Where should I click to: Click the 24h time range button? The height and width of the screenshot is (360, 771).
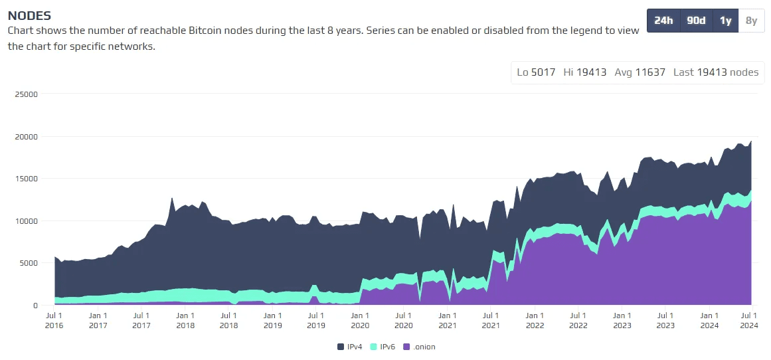coord(663,21)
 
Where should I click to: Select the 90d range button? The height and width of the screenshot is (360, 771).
coord(696,21)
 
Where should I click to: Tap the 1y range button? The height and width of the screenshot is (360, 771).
coord(725,21)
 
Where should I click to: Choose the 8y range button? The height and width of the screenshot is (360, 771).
coord(751,21)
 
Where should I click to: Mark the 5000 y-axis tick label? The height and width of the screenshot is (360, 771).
coord(28,263)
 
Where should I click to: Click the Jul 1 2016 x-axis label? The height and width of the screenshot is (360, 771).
coord(54,320)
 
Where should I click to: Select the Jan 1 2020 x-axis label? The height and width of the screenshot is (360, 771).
coord(359,320)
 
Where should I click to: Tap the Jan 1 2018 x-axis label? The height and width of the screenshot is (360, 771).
coord(185,320)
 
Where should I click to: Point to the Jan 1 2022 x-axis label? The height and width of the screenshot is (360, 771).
coord(534,320)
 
